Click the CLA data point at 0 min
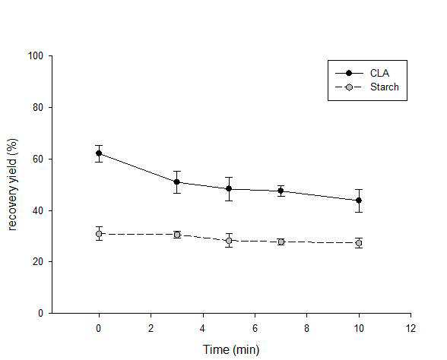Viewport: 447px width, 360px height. (x=99, y=153)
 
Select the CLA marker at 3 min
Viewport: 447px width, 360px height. (x=176, y=182)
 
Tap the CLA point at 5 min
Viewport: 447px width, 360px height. (x=229, y=188)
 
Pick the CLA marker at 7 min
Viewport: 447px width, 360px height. (x=281, y=191)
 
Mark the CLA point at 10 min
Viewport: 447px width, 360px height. (x=359, y=201)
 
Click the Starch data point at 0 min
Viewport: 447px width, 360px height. (x=99, y=234)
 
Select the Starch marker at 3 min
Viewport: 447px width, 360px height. (x=177, y=235)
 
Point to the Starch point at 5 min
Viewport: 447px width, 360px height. (x=229, y=241)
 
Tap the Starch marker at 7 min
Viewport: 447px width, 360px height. (x=281, y=242)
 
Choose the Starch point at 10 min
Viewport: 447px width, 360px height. (x=359, y=243)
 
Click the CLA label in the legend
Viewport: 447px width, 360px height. (x=379, y=73)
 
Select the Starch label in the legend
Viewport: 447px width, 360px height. (x=385, y=87)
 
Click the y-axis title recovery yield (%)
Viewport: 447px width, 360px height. (x=12, y=185)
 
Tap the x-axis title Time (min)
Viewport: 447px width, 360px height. (x=231, y=349)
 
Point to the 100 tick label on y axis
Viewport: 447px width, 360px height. (x=35, y=55)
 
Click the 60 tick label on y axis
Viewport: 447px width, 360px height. (x=38, y=159)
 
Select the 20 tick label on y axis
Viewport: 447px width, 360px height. (x=38, y=261)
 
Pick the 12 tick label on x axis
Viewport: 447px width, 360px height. (x=411, y=328)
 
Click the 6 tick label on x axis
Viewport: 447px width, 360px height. (x=255, y=328)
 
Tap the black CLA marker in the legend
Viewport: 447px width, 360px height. (x=349, y=73)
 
